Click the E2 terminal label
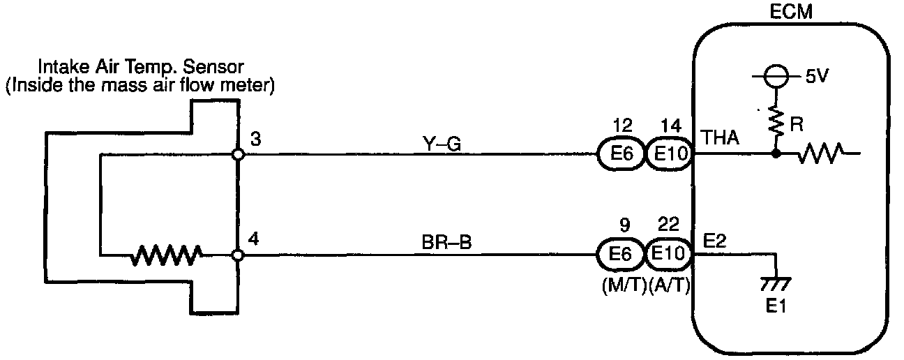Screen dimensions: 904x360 click(x=715, y=241)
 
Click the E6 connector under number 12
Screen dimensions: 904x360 click(x=620, y=154)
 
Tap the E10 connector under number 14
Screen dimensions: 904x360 click(x=668, y=154)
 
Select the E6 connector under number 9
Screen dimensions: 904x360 click(x=620, y=255)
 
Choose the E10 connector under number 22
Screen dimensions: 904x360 click(x=668, y=255)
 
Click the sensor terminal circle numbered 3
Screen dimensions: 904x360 click(x=238, y=153)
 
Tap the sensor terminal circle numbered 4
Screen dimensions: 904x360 click(x=238, y=255)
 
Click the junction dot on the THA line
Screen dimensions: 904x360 click(x=776, y=154)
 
